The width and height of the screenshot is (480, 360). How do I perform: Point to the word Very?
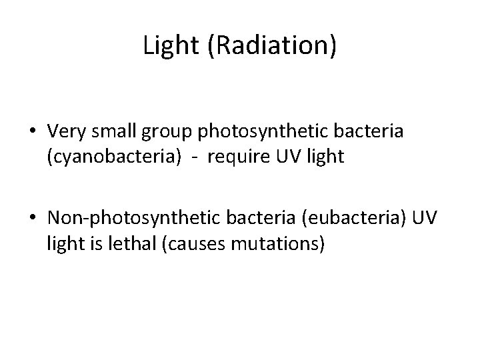65,132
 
